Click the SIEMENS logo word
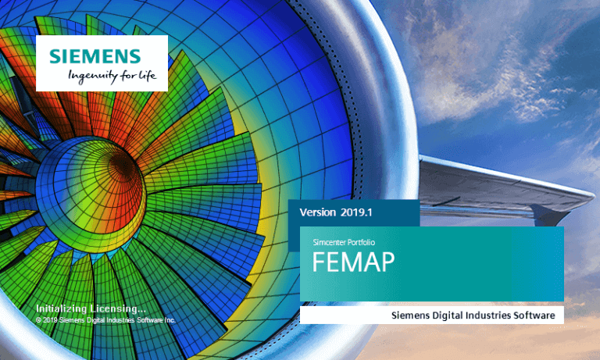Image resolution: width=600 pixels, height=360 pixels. tap(95, 56)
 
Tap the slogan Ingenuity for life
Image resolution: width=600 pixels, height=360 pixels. tap(112, 76)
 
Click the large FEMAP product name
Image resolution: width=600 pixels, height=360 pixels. tap(353, 262)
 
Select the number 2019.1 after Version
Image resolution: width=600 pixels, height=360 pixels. tap(356, 212)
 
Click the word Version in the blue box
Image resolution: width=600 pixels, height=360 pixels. tap(317, 212)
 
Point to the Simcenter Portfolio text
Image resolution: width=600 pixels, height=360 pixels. tap(344, 242)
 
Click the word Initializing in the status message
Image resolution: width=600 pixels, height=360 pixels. tap(61, 308)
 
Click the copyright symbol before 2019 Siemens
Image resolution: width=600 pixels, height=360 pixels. tap(38, 320)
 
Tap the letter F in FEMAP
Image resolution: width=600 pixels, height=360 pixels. tap(319, 262)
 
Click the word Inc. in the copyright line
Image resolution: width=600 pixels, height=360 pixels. tap(170, 320)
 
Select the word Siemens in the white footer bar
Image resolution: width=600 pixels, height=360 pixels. tap(410, 315)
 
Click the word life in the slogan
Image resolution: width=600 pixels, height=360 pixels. tap(148, 75)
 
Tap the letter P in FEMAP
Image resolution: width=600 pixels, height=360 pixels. tap(387, 262)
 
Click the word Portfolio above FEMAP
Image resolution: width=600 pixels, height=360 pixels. tap(360, 242)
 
